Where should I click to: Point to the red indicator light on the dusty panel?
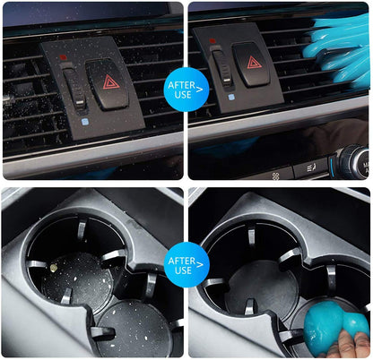pyautogui.click(x=64, y=57)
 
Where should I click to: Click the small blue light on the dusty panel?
pyautogui.click(x=83, y=121)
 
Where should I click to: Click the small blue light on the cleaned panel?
pyautogui.click(x=230, y=96)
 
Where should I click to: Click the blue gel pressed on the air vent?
pyautogui.click(x=332, y=45)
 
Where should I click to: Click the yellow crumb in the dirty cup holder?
pyautogui.click(x=60, y=268)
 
